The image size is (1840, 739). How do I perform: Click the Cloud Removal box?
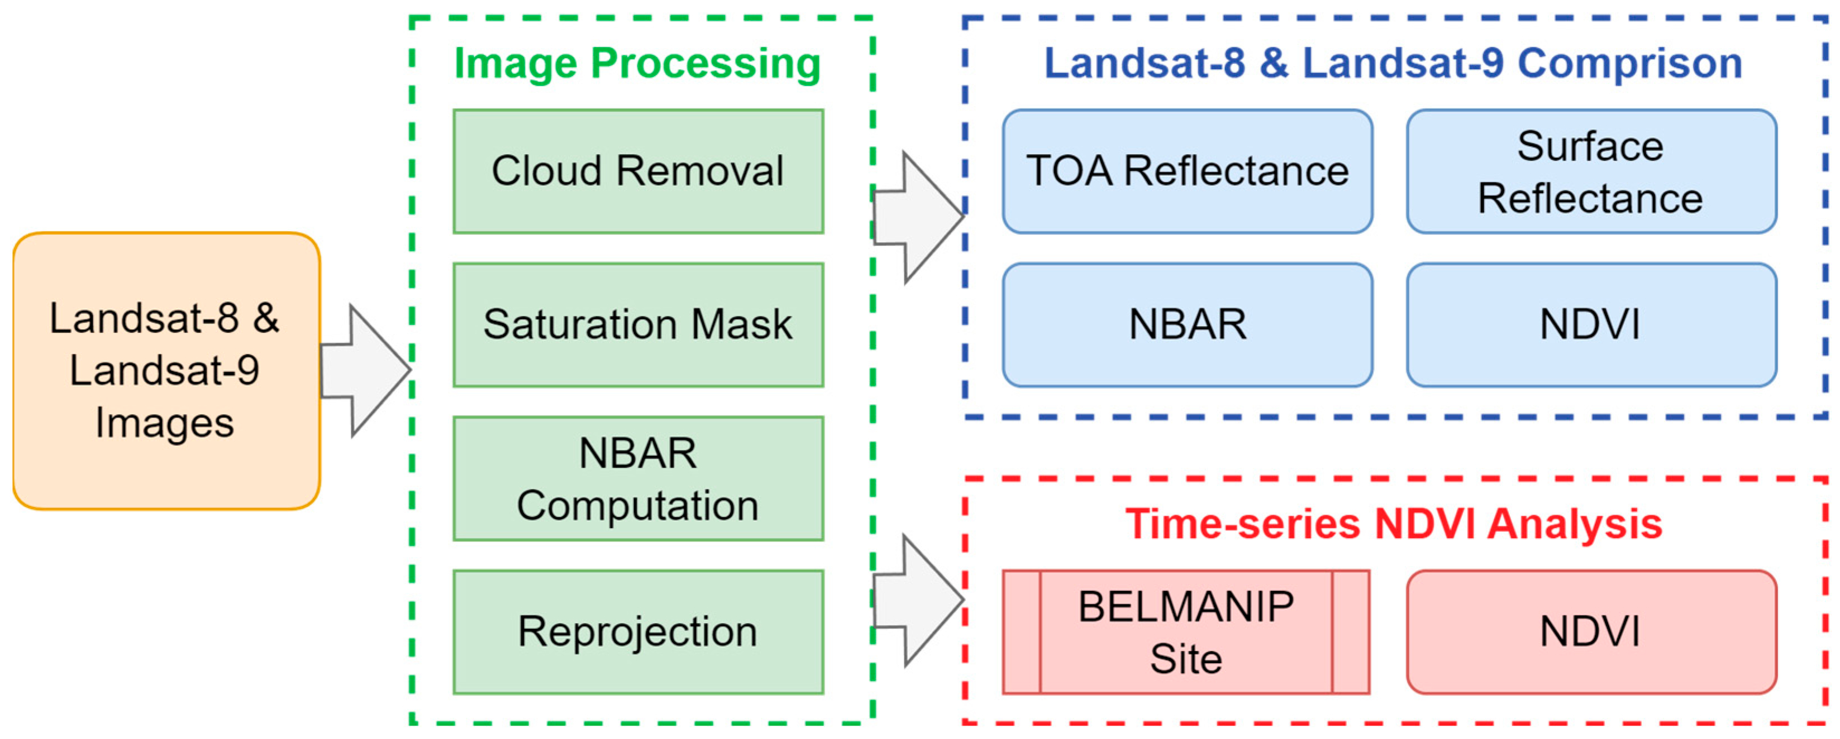click(x=638, y=171)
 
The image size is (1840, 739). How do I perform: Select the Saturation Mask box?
click(x=638, y=325)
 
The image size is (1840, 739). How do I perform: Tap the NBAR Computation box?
click(x=638, y=478)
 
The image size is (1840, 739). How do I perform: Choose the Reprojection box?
click(x=638, y=632)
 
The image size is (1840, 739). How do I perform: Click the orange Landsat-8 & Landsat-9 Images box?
click(x=166, y=371)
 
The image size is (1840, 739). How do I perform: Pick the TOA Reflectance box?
click(x=1187, y=171)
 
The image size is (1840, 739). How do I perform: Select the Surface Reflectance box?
click(x=1591, y=171)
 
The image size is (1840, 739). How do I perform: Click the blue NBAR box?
click(x=1187, y=325)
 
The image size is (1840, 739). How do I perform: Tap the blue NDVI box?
click(x=1591, y=325)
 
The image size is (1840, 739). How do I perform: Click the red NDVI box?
click(x=1591, y=632)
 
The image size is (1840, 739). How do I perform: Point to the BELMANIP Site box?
click(x=1186, y=632)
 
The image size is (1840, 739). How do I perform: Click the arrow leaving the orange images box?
click(x=364, y=370)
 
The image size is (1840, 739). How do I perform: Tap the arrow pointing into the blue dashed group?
click(x=918, y=217)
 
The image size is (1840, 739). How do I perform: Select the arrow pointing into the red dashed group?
click(x=918, y=600)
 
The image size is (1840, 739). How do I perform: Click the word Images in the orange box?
click(x=164, y=423)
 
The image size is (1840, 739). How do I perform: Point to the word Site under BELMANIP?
click(x=1186, y=658)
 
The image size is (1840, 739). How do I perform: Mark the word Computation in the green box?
click(x=638, y=506)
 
